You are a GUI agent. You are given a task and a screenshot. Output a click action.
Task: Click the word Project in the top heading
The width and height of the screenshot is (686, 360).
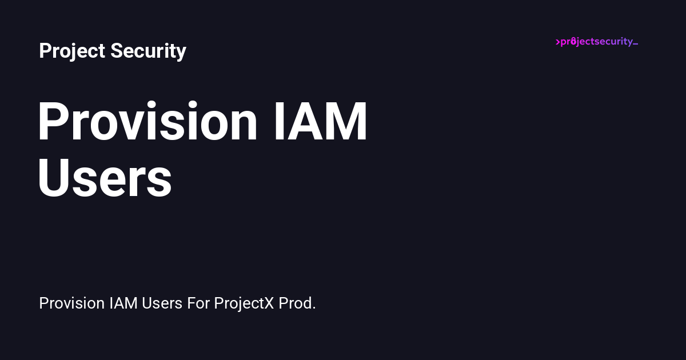[x=72, y=51]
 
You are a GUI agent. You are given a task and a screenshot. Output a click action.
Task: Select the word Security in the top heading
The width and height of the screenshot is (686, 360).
[x=148, y=51]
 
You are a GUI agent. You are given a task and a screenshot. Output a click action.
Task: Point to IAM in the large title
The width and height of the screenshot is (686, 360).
[x=320, y=122]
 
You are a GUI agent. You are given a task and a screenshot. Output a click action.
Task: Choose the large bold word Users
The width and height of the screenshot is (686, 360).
[x=105, y=179]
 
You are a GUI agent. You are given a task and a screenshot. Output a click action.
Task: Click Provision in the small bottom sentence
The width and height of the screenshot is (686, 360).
[x=72, y=303]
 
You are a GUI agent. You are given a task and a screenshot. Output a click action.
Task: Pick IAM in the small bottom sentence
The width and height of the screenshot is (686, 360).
[x=123, y=303]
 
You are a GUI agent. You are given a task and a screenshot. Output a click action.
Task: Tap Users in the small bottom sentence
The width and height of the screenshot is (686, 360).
[x=162, y=303]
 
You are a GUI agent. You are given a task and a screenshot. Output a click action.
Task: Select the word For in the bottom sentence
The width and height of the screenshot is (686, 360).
[x=198, y=303]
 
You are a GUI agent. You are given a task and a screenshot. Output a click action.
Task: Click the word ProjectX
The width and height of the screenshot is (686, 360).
[x=244, y=303]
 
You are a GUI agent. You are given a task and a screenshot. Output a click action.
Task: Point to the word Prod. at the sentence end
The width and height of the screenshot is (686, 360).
[x=297, y=303]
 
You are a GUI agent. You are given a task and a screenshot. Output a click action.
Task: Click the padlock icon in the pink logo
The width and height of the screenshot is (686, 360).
[x=573, y=41]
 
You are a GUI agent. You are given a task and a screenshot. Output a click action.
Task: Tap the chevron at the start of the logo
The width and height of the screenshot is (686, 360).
[x=558, y=42]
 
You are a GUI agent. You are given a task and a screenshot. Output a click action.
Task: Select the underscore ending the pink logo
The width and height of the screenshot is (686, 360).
[x=635, y=45]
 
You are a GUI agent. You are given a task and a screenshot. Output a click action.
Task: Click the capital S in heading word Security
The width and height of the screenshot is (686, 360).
[x=117, y=51]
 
